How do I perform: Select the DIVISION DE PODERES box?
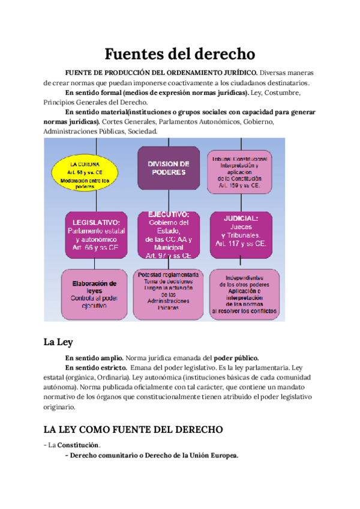[x=169, y=167]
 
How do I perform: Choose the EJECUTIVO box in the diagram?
[x=168, y=234]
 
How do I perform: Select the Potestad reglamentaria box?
[x=168, y=294]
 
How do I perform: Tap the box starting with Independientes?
[x=244, y=294]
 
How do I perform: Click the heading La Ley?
[x=58, y=343]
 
